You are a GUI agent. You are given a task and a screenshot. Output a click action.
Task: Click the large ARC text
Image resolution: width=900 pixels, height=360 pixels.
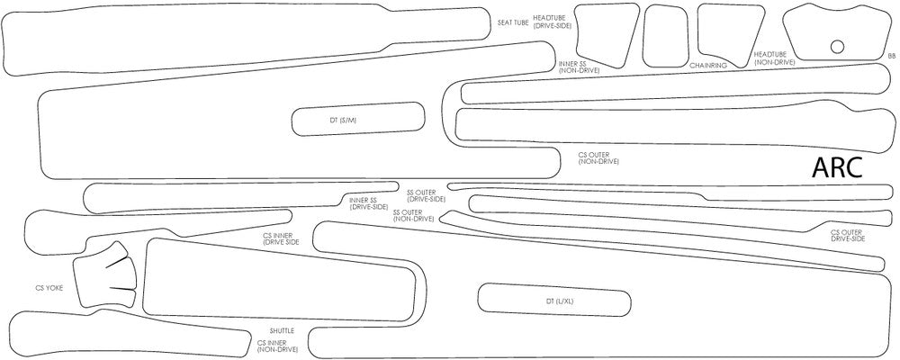838,166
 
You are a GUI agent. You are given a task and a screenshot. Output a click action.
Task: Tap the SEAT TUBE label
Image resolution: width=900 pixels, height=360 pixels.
513,22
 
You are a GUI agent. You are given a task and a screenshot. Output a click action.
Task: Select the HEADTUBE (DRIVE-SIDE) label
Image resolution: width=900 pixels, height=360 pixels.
552,22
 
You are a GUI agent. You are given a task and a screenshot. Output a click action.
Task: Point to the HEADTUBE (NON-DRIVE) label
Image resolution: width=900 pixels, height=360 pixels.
775,58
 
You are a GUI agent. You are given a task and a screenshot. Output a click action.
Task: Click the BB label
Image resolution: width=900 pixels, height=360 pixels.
891,56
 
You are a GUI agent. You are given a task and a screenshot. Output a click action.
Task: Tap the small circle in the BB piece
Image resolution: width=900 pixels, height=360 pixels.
837,47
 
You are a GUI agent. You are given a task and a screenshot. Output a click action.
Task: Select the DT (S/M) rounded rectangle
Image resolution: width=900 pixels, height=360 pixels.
357,119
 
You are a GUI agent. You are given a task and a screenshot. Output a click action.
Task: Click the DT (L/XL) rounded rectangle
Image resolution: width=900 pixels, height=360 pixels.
553,301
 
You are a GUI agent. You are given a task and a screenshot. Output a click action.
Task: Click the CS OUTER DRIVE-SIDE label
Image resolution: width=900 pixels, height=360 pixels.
848,236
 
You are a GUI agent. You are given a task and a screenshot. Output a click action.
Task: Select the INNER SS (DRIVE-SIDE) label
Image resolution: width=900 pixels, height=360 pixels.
369,203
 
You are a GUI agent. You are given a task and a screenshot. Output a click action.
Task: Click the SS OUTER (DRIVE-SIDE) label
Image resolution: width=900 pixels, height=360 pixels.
426,195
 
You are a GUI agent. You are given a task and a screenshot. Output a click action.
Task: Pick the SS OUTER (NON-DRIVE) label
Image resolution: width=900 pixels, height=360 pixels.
414,215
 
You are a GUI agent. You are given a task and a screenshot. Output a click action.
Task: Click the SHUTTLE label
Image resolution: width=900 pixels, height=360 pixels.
282,331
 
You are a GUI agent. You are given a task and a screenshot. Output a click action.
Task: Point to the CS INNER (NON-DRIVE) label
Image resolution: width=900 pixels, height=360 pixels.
277,346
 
